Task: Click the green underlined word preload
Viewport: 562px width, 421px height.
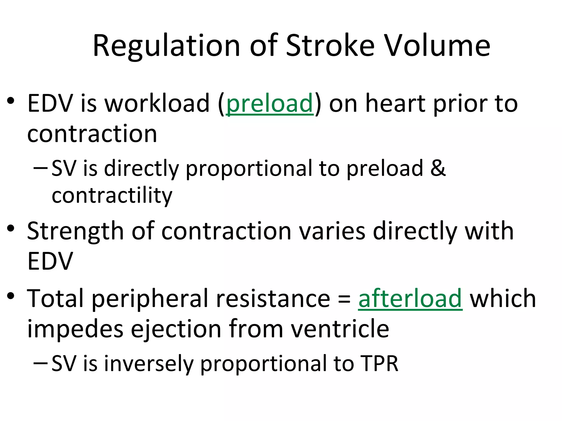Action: pyautogui.click(x=270, y=104)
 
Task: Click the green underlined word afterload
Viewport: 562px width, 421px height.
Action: pyautogui.click(x=410, y=299)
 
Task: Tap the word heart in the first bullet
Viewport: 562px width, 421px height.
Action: pyautogui.click(x=396, y=103)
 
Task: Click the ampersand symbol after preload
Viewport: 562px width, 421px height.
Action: pyautogui.click(x=438, y=168)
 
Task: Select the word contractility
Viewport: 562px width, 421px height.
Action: pyautogui.click(x=112, y=196)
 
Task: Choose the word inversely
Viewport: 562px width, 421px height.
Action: pyautogui.click(x=149, y=363)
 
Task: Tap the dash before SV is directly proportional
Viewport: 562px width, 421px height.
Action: pyautogui.click(x=41, y=167)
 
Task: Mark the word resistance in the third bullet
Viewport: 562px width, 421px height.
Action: pyautogui.click(x=273, y=299)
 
